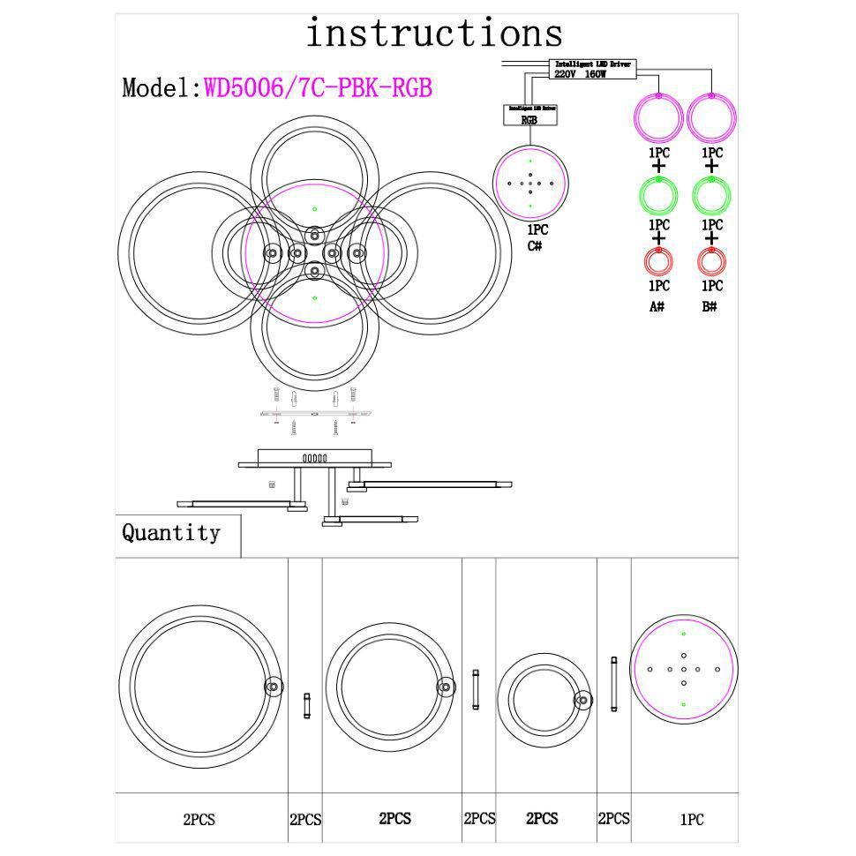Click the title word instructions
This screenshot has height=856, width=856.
click(433, 34)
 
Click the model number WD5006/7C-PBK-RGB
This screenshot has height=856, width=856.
click(318, 88)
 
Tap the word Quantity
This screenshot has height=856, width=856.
click(170, 533)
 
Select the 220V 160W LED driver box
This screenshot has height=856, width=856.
click(593, 70)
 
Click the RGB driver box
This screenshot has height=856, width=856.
click(529, 115)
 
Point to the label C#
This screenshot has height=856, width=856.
click(535, 245)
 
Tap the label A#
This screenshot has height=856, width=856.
click(657, 307)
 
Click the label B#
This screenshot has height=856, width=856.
click(710, 307)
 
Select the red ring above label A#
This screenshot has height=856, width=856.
click(658, 261)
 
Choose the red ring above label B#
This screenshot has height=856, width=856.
click(711, 261)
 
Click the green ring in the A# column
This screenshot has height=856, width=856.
click(658, 194)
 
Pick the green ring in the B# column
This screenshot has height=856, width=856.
click(711, 194)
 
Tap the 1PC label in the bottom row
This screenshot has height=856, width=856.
click(692, 820)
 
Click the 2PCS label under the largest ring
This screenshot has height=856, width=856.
click(199, 820)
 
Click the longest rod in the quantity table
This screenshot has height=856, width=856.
click(613, 685)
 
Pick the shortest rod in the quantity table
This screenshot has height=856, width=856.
click(306, 705)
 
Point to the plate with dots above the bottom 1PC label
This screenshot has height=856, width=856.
click(684, 669)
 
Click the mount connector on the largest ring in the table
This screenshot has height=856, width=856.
click(273, 687)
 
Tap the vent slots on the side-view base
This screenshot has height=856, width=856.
click(314, 458)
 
